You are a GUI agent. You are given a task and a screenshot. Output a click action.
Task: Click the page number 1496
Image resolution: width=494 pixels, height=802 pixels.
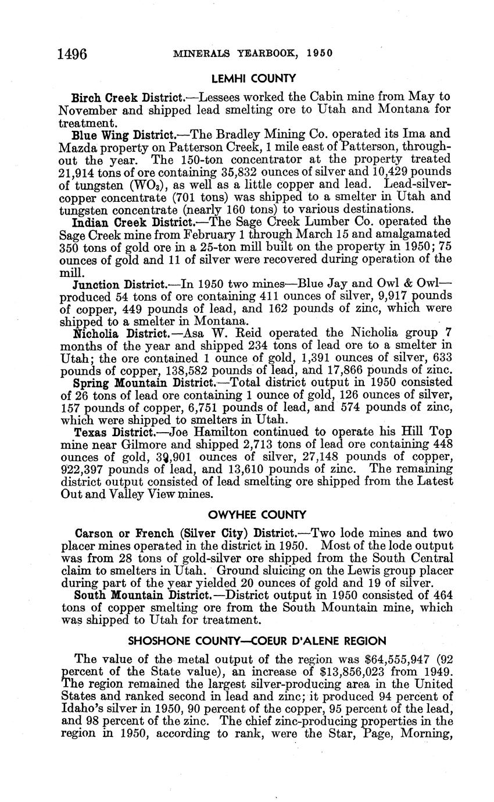72,54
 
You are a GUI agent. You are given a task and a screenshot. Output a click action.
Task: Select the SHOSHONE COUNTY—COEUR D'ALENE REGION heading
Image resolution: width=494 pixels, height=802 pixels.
256,641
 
